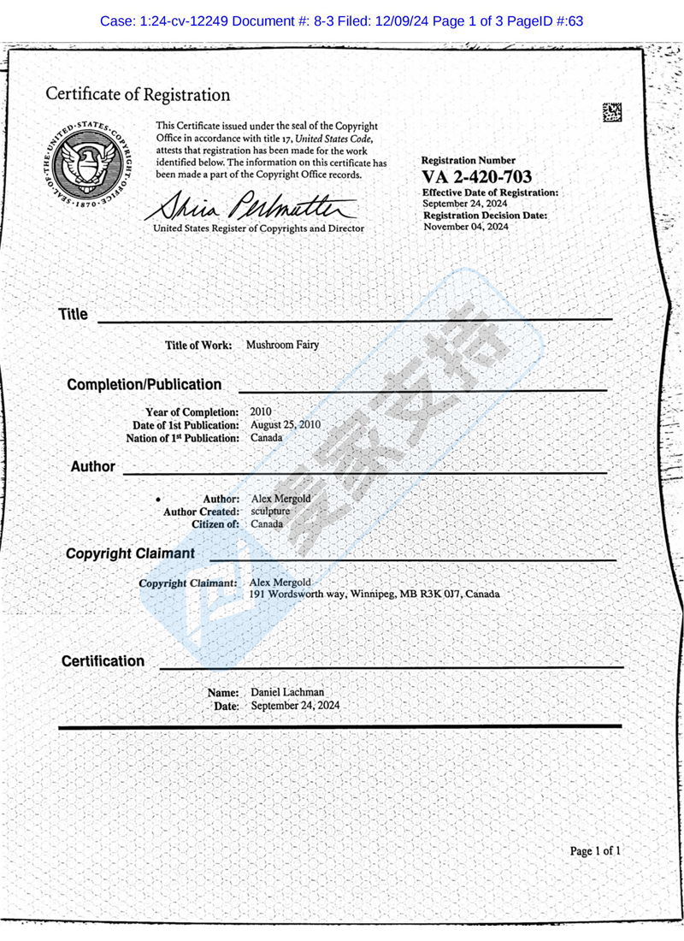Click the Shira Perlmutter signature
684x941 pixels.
click(x=253, y=204)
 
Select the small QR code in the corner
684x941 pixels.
click(x=612, y=112)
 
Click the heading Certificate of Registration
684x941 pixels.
click(x=138, y=94)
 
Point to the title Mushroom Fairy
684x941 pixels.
click(x=283, y=345)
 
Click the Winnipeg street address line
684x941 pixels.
click(x=374, y=594)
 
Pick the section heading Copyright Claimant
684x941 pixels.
click(x=130, y=554)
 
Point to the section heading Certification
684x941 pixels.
click(x=103, y=661)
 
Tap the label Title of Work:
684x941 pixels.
click(x=198, y=346)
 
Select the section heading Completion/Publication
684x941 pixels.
click(x=144, y=385)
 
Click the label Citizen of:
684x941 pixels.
click(x=215, y=524)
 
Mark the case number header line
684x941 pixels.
click(x=342, y=20)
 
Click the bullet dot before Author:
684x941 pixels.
click(x=158, y=498)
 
